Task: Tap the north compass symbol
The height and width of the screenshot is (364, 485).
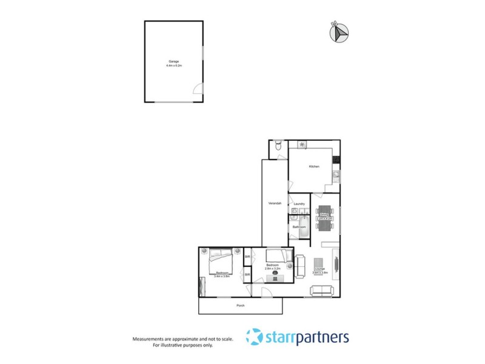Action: point(339,33)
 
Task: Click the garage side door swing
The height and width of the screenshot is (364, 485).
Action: point(197,89)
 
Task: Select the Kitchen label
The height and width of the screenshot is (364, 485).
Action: point(314,166)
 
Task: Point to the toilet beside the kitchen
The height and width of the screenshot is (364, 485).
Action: point(278,145)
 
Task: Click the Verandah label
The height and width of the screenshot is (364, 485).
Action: point(274,203)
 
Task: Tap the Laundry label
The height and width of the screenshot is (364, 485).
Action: point(299,204)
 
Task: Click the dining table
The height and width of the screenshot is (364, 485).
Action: point(324,218)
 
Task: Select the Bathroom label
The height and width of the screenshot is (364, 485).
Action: point(299,227)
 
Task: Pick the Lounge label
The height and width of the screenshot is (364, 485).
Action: point(319,268)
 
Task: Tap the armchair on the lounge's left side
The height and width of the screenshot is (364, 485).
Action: point(299,265)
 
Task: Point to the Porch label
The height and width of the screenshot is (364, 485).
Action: point(241,305)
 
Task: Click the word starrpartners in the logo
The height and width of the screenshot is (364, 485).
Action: point(306,337)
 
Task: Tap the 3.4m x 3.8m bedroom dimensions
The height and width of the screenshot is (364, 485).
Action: point(221,277)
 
